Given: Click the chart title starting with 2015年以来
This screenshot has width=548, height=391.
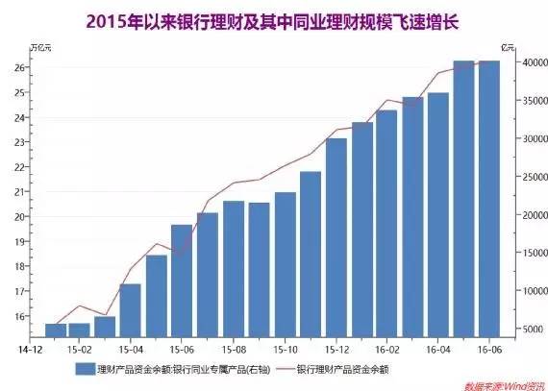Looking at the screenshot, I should [275, 19].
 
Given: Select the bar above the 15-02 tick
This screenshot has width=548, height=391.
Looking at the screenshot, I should [80, 330].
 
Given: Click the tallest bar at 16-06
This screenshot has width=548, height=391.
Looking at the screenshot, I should [489, 198].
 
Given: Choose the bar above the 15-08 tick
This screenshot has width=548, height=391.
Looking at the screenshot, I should [234, 269].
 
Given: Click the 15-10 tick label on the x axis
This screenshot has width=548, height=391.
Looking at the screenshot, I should [285, 351].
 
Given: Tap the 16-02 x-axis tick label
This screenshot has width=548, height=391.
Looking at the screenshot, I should [386, 351].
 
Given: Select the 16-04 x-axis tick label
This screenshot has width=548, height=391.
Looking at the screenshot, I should [437, 351].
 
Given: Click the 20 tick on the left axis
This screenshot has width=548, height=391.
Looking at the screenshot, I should [19, 217].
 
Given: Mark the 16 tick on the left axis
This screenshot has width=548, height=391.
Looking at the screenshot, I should [19, 316].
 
